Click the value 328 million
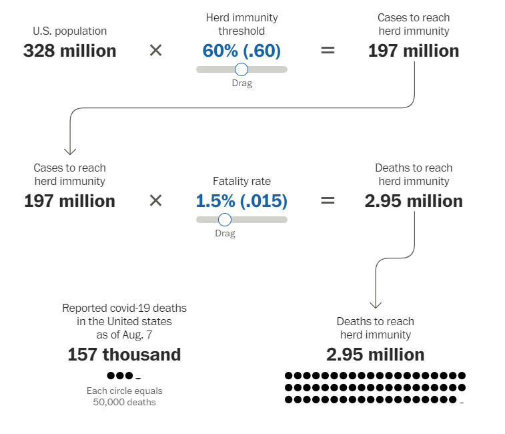pyautogui.click(x=69, y=51)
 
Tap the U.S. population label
pyautogui.click(x=69, y=31)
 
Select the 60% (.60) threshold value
pyautogui.click(x=241, y=51)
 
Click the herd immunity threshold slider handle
pyautogui.click(x=241, y=69)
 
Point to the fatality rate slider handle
pyautogui.click(x=225, y=220)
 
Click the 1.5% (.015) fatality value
pyautogui.click(x=241, y=201)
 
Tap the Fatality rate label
pyautogui.click(x=241, y=181)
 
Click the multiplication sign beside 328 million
pyautogui.click(x=155, y=51)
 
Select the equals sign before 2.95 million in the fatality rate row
pyautogui.click(x=328, y=201)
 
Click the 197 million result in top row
pyautogui.click(x=414, y=51)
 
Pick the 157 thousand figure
pyautogui.click(x=124, y=355)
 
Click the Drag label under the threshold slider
pyautogui.click(x=241, y=83)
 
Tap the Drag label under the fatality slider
pyautogui.click(x=225, y=234)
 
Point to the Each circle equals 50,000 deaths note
pyautogui.click(x=124, y=397)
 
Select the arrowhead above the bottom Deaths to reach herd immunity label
pyautogui.click(x=376, y=303)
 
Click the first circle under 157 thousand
pyautogui.click(x=111, y=376)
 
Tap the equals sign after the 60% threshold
pyautogui.click(x=328, y=51)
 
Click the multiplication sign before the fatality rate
pyautogui.click(x=155, y=201)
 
